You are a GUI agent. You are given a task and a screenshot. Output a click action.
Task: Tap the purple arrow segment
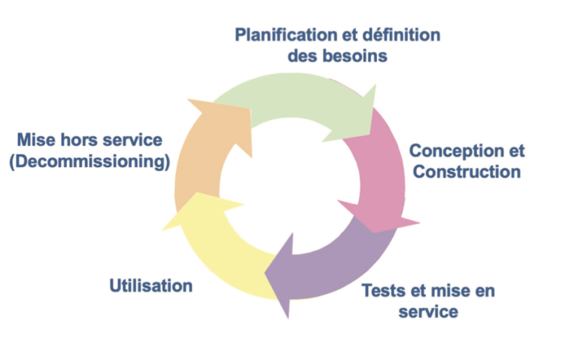click(339, 260)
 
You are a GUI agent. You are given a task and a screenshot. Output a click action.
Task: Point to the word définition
click(402, 35)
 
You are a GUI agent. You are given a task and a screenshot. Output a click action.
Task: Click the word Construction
click(467, 172)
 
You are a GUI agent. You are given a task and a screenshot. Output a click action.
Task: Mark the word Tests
click(385, 290)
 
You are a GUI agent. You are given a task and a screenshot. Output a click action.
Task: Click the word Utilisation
click(151, 285)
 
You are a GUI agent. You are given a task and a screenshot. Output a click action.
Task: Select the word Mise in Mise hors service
click(35, 141)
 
